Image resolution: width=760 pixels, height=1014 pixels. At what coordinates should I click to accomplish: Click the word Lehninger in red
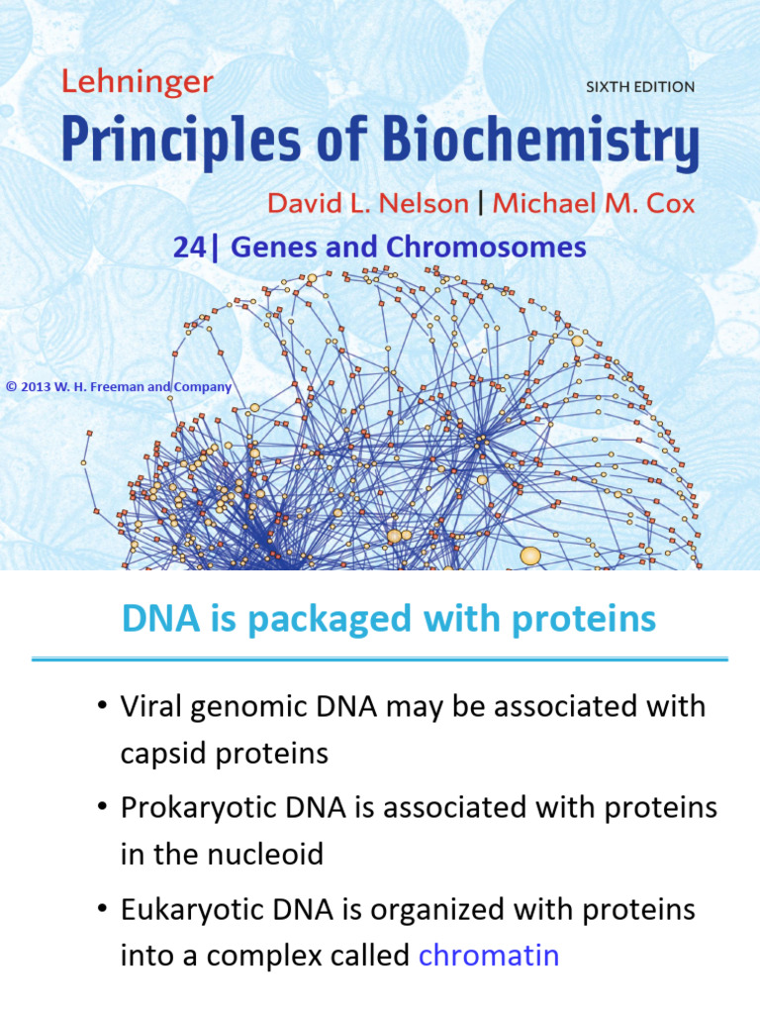click(x=137, y=83)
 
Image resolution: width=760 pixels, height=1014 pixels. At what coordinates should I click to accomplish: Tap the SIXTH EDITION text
click(x=640, y=87)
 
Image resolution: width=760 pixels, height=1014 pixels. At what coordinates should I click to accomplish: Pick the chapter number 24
click(x=187, y=248)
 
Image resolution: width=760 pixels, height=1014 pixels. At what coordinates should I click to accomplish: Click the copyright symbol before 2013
click(x=11, y=387)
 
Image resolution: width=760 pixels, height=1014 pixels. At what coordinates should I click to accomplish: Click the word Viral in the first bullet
click(x=153, y=707)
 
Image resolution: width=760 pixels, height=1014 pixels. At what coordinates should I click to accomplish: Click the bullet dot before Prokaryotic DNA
click(x=101, y=808)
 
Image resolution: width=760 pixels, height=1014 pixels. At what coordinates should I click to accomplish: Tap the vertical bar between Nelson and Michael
click(x=481, y=204)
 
